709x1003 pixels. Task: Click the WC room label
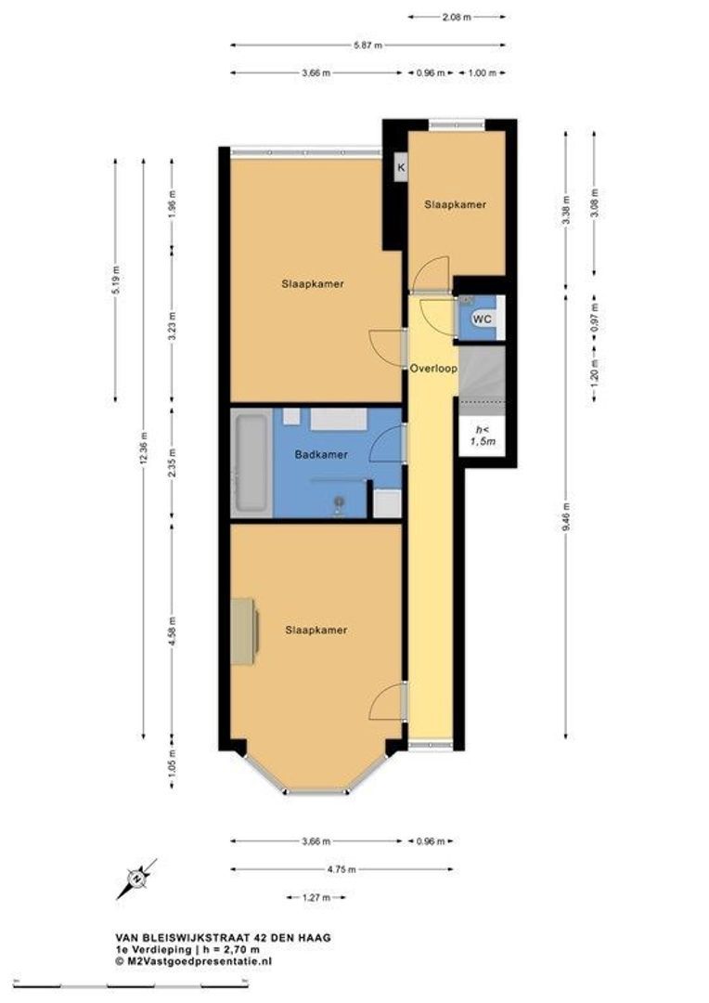click(482, 318)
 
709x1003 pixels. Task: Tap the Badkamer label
click(321, 455)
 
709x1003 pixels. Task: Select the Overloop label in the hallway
click(433, 369)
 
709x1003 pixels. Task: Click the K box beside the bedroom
click(401, 167)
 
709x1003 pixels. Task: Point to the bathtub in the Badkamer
click(251, 463)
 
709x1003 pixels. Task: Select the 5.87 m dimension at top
click(367, 45)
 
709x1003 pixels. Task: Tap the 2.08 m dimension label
click(457, 18)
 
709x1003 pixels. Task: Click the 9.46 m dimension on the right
click(566, 519)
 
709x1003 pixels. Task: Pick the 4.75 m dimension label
click(342, 869)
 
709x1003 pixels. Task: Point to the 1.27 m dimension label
click(316, 897)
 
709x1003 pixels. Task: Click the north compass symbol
click(136, 879)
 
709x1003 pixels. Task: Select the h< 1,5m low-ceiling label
click(483, 435)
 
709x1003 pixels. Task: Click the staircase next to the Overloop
click(482, 379)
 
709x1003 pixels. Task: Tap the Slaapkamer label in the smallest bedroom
click(456, 204)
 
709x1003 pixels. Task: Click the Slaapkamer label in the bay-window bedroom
click(316, 630)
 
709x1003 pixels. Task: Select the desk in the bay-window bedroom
click(244, 632)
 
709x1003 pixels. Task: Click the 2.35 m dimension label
click(172, 463)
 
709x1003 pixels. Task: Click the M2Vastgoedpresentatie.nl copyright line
click(194, 961)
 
